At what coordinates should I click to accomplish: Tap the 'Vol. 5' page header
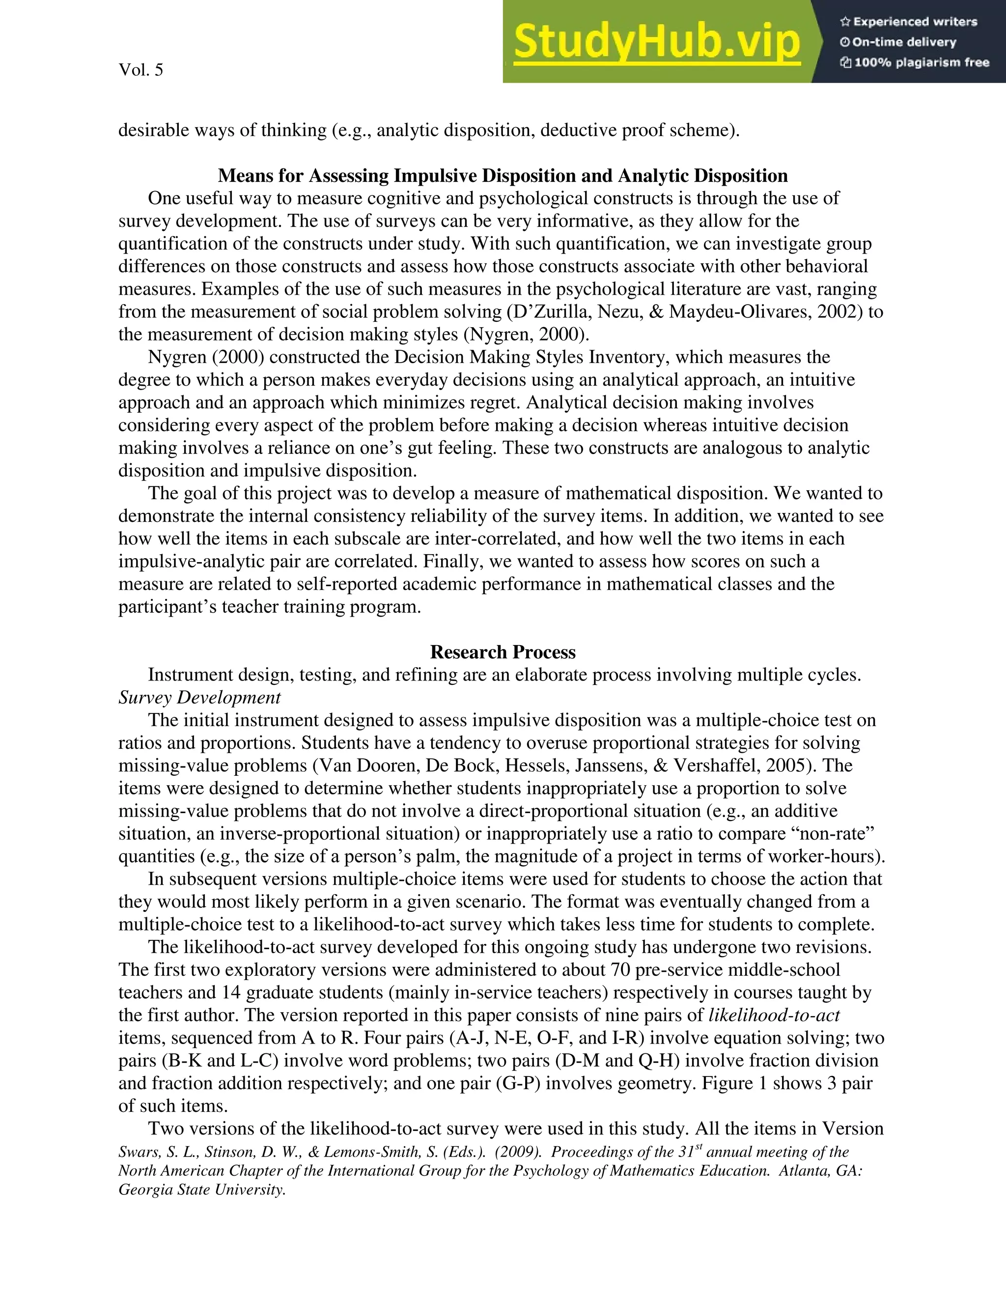click(140, 70)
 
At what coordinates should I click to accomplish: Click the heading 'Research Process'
click(503, 652)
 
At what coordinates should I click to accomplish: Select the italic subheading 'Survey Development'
click(199, 698)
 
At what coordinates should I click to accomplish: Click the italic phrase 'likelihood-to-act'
click(774, 1015)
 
